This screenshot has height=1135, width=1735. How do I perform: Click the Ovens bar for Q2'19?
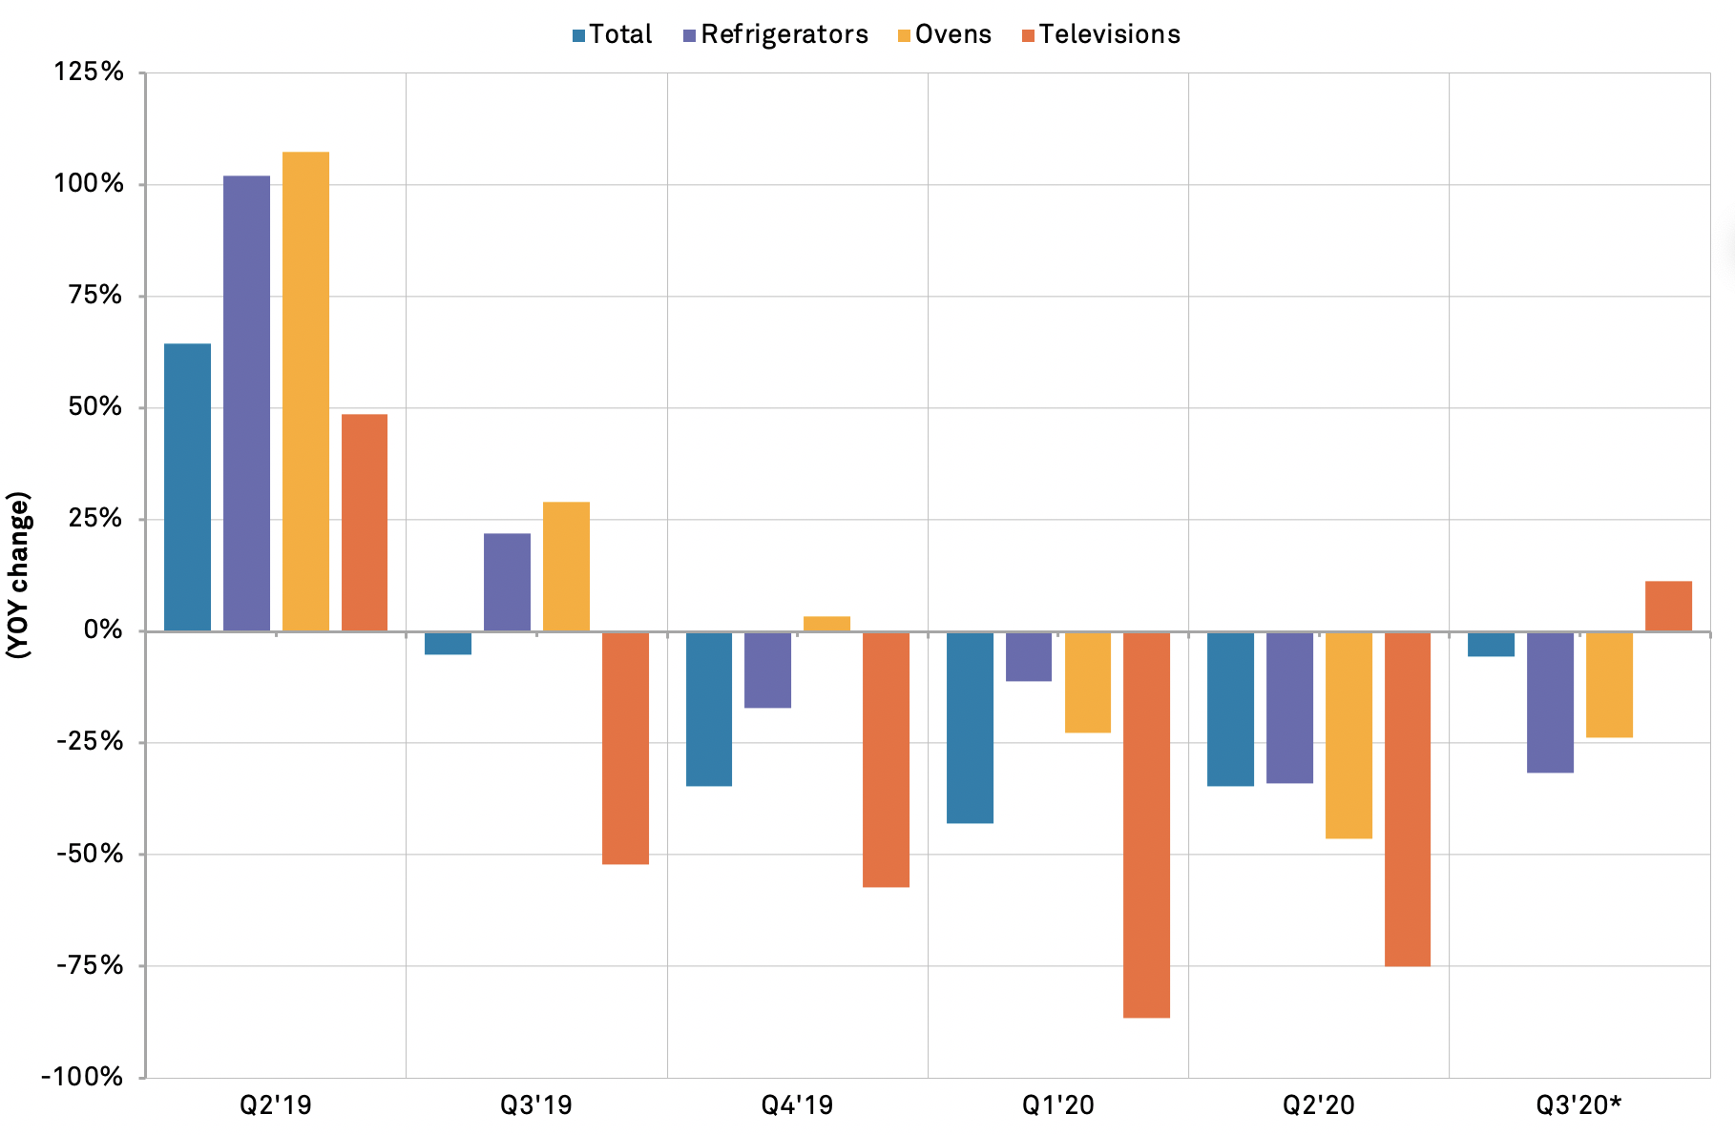coord(305,391)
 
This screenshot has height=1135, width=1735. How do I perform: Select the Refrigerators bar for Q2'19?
coord(246,403)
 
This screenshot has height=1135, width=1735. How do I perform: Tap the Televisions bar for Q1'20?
coord(1146,824)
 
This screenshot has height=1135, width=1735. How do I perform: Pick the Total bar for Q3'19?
coord(448,643)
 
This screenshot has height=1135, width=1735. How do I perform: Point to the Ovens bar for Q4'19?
coord(826,624)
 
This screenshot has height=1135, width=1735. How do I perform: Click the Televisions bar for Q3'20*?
coord(1668,606)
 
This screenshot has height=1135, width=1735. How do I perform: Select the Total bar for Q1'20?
coord(970,727)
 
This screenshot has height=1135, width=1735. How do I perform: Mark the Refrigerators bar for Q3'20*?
coord(1550,702)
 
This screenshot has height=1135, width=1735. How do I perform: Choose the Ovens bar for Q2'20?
coord(1348,734)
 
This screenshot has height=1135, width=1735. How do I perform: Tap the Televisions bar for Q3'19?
coord(625,748)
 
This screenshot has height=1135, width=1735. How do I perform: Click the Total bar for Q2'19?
coord(187,486)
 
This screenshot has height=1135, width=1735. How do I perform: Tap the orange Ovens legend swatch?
coord(903,36)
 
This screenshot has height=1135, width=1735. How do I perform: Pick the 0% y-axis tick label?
coord(103,630)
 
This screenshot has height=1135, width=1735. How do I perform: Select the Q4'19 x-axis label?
coord(797,1105)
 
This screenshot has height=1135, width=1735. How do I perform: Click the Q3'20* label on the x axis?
coord(1578,1105)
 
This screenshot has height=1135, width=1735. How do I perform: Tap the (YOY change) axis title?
coord(19,575)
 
